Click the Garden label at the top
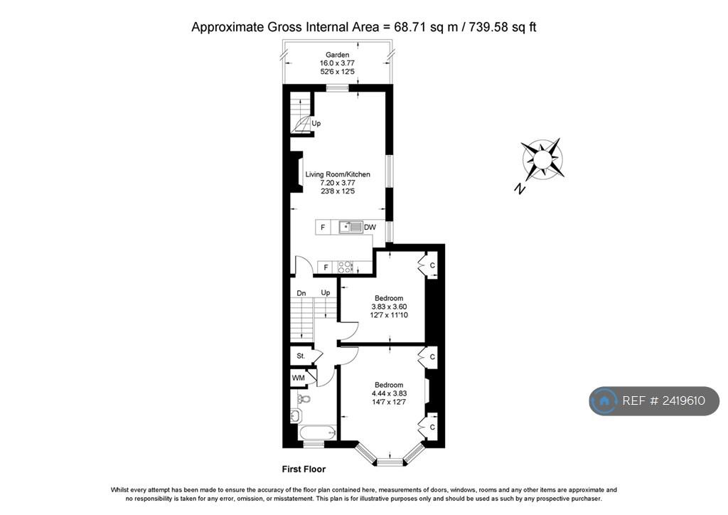(x=337, y=55)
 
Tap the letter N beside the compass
(x=520, y=189)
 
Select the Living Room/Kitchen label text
(x=338, y=174)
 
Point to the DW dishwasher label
(x=370, y=228)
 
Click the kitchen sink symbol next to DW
(x=350, y=227)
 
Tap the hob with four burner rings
(x=345, y=267)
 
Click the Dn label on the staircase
(x=301, y=292)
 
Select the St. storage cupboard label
(x=301, y=356)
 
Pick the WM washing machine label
(x=299, y=378)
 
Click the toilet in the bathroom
(x=304, y=399)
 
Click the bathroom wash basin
(x=296, y=415)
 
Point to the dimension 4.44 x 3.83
(x=389, y=393)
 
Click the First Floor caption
(x=304, y=469)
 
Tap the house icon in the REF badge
(x=604, y=401)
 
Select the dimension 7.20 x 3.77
(x=338, y=183)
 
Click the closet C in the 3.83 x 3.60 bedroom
(x=432, y=265)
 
